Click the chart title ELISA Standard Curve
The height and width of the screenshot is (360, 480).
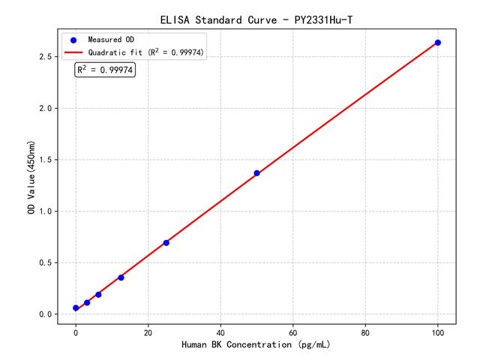(256, 19)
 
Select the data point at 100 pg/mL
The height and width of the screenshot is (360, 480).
(438, 43)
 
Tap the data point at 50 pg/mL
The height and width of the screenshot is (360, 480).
(256, 173)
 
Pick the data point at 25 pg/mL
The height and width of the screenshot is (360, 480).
(166, 243)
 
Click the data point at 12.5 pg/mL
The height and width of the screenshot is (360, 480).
(121, 277)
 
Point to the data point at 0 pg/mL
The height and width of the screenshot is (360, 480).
(76, 308)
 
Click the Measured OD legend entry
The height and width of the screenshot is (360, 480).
(109, 39)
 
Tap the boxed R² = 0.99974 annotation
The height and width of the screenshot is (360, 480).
(105, 70)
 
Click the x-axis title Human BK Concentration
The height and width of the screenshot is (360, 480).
(256, 345)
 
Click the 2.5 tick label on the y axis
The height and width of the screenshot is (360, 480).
(46, 57)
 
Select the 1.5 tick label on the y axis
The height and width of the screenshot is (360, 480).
(46, 160)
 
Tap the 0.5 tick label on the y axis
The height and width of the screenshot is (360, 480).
(46, 262)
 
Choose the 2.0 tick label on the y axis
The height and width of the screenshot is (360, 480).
(46, 108)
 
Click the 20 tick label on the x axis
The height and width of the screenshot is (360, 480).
(148, 331)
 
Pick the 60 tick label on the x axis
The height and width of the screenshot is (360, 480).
(292, 331)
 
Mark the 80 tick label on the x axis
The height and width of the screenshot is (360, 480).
(365, 331)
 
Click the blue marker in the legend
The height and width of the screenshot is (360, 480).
(73, 39)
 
